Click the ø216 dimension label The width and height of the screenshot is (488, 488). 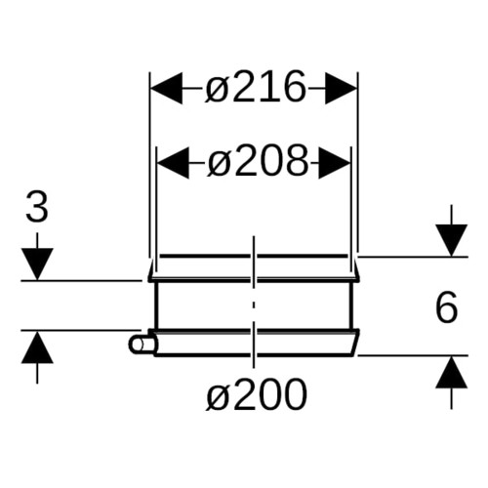coord(256,87)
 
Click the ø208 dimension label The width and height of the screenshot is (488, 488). coord(257,162)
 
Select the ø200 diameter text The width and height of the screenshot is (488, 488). coord(257,394)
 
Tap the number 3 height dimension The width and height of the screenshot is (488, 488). coord(37,207)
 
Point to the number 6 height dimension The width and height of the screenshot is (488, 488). coord(446,307)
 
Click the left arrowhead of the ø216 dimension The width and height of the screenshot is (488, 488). coord(167,88)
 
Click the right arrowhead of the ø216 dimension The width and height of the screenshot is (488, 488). coord(341,88)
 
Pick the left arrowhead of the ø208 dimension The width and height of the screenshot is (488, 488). coord(173,163)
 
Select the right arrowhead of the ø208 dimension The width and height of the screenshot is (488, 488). coord(335,163)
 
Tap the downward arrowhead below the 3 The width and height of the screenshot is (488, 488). coord(37,264)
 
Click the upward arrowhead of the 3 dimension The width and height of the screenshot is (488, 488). coord(37,346)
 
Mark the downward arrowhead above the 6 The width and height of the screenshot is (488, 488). coord(452,240)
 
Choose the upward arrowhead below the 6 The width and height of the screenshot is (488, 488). coord(452,372)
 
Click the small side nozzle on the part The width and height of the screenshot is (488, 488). coord(142,346)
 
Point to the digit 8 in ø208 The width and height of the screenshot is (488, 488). coord(295,162)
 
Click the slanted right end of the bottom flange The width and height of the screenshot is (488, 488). coord(355,343)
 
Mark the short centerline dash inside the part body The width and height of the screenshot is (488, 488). coord(254,305)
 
